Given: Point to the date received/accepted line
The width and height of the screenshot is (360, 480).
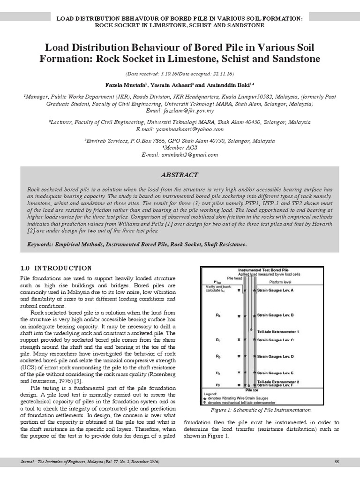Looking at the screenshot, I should pyautogui.click(x=180, y=74).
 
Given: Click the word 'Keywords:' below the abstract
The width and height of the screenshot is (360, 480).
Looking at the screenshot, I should pyautogui.click(x=43, y=245).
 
